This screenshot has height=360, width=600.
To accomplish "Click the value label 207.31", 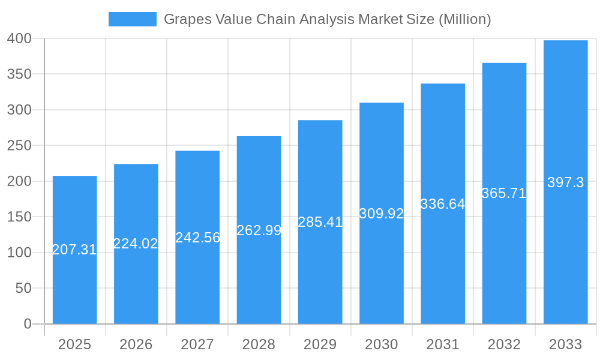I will (x=74, y=250).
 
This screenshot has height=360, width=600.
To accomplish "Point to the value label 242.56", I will (x=197, y=238).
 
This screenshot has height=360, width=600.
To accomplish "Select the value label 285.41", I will (x=320, y=222).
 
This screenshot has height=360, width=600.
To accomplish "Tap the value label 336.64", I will (x=443, y=204).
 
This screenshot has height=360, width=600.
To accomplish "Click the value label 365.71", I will (x=504, y=193).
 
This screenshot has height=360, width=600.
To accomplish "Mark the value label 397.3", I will (x=565, y=183).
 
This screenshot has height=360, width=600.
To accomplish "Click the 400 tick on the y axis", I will (x=19, y=39).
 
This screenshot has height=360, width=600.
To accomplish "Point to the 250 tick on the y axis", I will (x=19, y=146).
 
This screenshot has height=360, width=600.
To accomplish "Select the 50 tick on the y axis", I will (x=23, y=289).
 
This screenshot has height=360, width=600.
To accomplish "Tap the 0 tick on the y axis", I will (x=28, y=324).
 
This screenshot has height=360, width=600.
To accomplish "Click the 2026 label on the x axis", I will (x=136, y=344).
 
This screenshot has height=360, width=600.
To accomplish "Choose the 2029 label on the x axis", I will (x=320, y=344).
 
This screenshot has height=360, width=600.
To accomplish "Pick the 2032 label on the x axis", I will (x=504, y=344).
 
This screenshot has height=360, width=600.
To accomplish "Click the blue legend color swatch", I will (x=132, y=19).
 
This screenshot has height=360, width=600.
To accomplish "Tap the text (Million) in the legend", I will (x=464, y=19).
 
